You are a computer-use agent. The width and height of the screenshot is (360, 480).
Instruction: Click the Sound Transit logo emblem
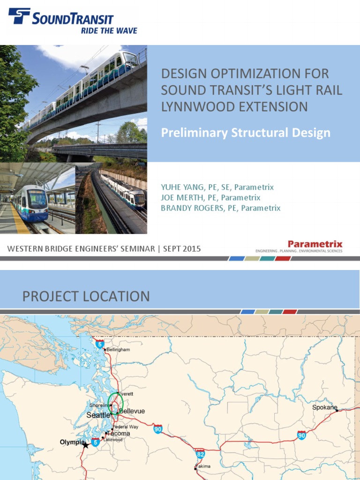click(19, 16)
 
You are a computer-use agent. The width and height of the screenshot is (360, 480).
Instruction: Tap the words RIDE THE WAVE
click(109, 31)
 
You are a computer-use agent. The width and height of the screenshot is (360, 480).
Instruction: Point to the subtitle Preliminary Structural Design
click(246, 133)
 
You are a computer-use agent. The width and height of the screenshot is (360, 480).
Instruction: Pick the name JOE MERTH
click(179, 198)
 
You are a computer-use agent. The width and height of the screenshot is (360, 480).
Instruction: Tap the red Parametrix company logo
click(315, 244)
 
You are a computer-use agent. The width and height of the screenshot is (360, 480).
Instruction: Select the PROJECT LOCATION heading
click(86, 296)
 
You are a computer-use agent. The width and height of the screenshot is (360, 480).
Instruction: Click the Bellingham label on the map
click(118, 350)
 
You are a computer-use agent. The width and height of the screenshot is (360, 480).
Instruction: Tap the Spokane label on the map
click(324, 407)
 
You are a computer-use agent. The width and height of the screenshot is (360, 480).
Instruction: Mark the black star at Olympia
click(85, 445)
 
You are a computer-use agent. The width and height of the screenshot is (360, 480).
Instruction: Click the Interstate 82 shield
click(200, 454)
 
